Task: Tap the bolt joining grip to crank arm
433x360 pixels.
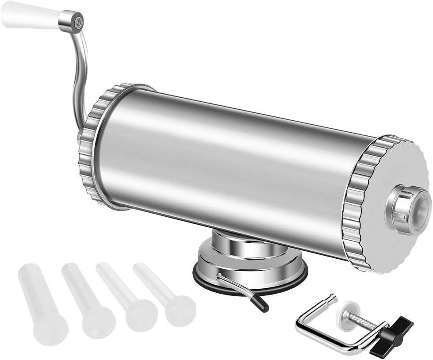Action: point(78,21)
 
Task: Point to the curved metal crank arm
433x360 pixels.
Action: point(81,75)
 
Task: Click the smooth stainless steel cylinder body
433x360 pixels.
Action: point(230,168)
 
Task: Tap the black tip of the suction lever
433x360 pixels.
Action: point(261,305)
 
